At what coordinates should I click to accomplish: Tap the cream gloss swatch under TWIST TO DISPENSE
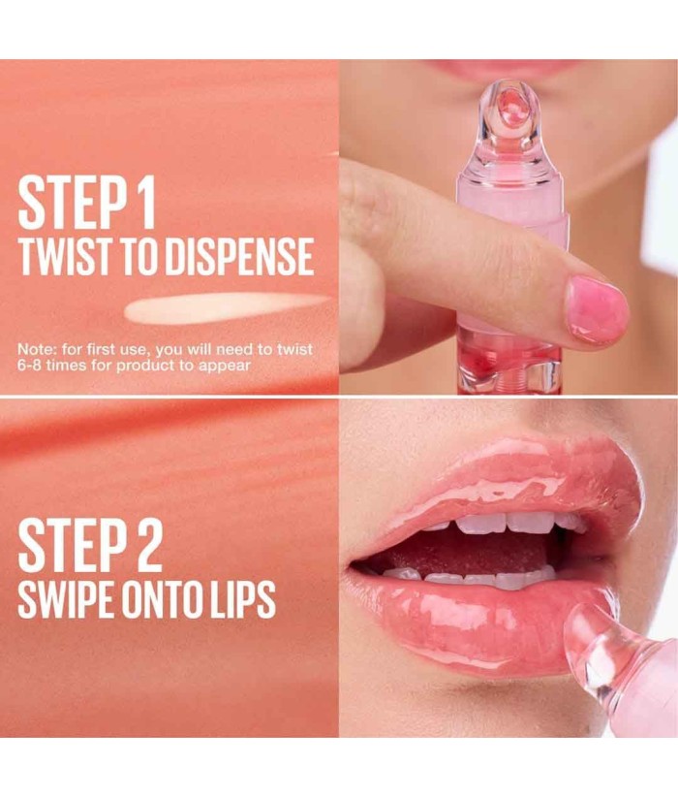224,308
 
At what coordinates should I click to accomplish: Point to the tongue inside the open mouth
473,552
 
